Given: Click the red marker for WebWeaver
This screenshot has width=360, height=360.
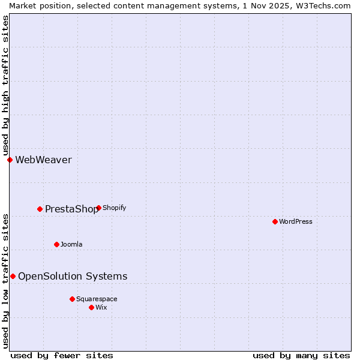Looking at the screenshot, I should (10, 160).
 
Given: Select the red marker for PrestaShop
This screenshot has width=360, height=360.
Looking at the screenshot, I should (40, 209).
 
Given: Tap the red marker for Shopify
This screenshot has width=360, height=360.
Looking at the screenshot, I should (98, 208).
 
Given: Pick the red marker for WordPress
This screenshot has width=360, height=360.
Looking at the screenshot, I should (275, 221).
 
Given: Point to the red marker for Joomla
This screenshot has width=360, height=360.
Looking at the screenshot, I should (56, 244).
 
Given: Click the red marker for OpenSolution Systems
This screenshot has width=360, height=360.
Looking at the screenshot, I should (13, 276).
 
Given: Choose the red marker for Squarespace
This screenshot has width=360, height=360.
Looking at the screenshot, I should (72, 299).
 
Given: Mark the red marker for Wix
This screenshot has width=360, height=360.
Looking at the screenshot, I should (91, 307).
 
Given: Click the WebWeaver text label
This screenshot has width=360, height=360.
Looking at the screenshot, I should (43, 160).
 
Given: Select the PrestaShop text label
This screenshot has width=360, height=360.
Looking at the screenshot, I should (71, 209).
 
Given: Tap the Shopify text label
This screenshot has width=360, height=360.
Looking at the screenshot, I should (114, 208).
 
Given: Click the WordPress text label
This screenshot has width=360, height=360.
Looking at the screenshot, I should (295, 221).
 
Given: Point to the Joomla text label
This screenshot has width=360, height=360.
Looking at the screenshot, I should (71, 244).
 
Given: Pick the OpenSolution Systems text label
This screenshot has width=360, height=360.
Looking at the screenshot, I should (73, 276).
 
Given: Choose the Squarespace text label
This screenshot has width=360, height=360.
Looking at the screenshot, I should (97, 299).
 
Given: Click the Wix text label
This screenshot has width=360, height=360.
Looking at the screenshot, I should (101, 307).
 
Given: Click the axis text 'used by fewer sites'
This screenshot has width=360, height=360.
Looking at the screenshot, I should (62, 355).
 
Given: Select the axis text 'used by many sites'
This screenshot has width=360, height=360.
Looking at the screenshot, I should (301, 355).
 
